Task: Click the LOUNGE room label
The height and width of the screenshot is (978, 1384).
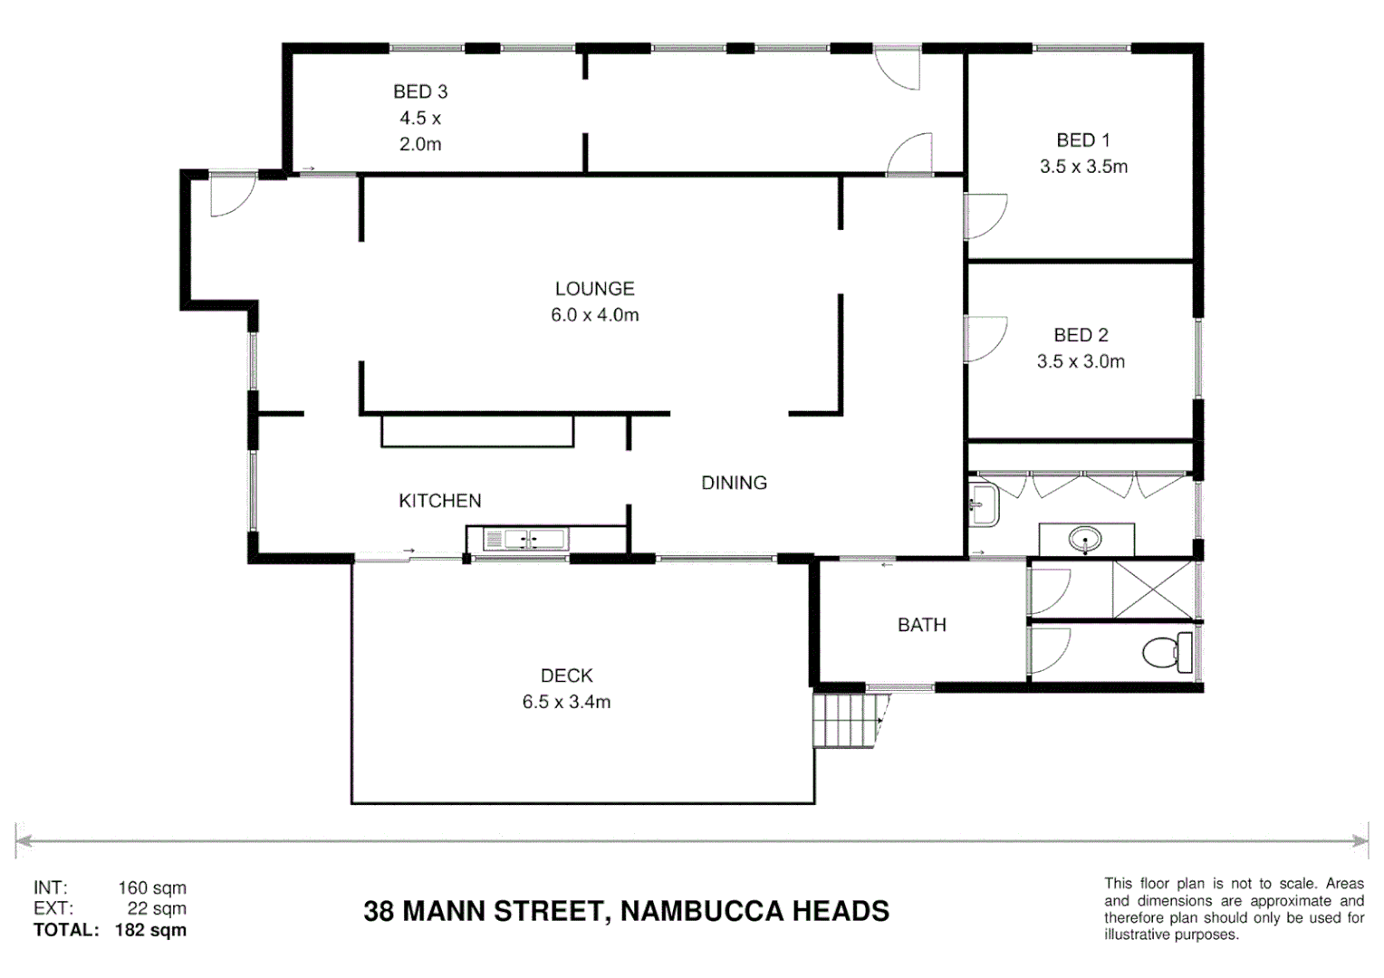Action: (x=594, y=289)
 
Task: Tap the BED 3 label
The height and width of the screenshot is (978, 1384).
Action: (x=420, y=91)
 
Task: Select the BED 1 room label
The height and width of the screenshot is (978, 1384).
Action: (x=1082, y=140)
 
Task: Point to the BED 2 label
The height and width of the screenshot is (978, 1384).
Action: (x=1081, y=335)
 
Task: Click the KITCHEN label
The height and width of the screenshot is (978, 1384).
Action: (x=439, y=501)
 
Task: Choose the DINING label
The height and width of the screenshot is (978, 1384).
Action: (x=734, y=483)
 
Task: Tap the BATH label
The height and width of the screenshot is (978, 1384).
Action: (x=921, y=625)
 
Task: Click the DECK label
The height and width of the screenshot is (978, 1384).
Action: (x=566, y=676)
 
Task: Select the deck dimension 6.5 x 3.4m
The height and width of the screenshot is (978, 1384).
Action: (x=566, y=702)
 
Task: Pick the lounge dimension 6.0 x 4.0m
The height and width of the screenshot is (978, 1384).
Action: (x=594, y=315)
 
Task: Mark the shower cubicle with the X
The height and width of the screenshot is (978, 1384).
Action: (x=1153, y=590)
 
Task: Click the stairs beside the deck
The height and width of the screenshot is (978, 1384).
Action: (x=847, y=719)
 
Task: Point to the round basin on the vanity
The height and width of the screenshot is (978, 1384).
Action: (x=1084, y=541)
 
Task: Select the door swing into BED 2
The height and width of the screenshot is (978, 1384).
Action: (x=985, y=339)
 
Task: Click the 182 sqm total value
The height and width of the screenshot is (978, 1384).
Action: (x=150, y=930)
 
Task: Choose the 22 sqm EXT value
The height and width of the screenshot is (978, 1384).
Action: (x=157, y=908)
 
